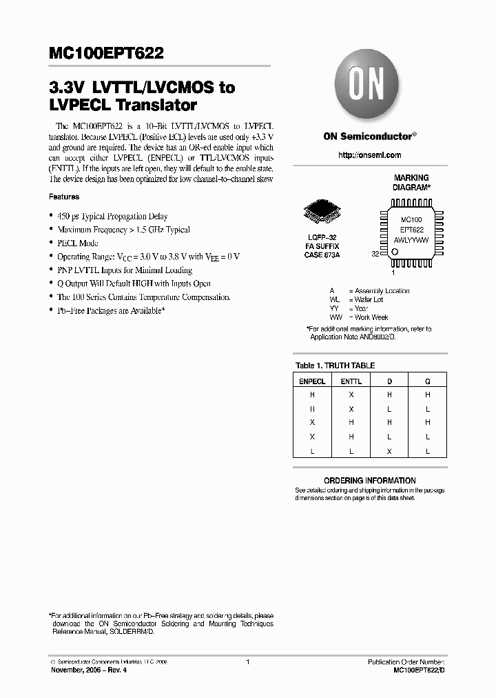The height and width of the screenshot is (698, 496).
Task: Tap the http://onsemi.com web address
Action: click(x=369, y=155)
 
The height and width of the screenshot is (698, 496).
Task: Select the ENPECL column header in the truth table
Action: click(x=313, y=380)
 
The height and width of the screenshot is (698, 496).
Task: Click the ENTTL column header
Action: click(x=351, y=380)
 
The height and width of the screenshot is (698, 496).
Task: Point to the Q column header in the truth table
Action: click(x=427, y=380)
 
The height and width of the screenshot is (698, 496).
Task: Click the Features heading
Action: click(x=64, y=197)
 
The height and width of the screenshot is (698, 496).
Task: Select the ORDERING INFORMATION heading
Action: click(x=370, y=480)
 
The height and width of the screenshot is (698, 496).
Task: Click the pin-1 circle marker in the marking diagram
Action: click(x=395, y=252)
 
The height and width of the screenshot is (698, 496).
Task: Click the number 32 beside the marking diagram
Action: click(x=375, y=254)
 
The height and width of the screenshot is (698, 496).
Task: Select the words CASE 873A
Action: click(x=322, y=255)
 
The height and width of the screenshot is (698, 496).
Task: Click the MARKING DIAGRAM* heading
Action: click(x=411, y=183)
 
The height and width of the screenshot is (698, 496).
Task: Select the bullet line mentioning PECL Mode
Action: click(x=78, y=243)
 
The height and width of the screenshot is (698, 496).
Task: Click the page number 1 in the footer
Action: click(x=247, y=662)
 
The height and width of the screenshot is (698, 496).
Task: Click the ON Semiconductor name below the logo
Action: click(x=368, y=137)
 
